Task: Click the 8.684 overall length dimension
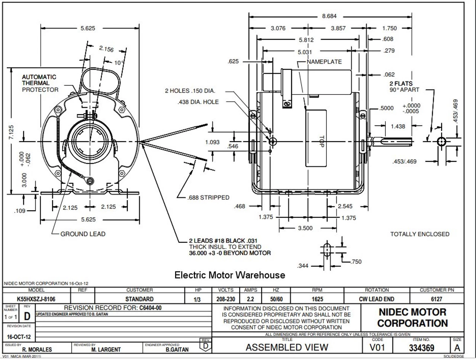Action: [329, 16]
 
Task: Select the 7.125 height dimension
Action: [12, 132]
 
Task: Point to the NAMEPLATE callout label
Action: [324, 62]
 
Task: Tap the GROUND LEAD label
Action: [83, 234]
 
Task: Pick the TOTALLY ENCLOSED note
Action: [420, 234]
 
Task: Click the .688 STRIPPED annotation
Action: [208, 197]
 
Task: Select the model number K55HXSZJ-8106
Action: [36, 299]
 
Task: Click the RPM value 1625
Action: [317, 299]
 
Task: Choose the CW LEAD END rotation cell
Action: [377, 299]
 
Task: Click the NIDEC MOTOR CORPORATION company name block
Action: [412, 318]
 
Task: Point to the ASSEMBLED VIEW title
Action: [287, 347]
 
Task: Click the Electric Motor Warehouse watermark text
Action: [230, 275]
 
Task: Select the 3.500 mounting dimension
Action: [305, 228]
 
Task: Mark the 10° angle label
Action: [119, 63]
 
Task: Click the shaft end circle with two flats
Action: [441, 141]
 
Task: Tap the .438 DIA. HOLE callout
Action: [198, 102]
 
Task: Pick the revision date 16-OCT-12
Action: [19, 337]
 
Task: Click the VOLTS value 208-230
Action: [226, 299]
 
